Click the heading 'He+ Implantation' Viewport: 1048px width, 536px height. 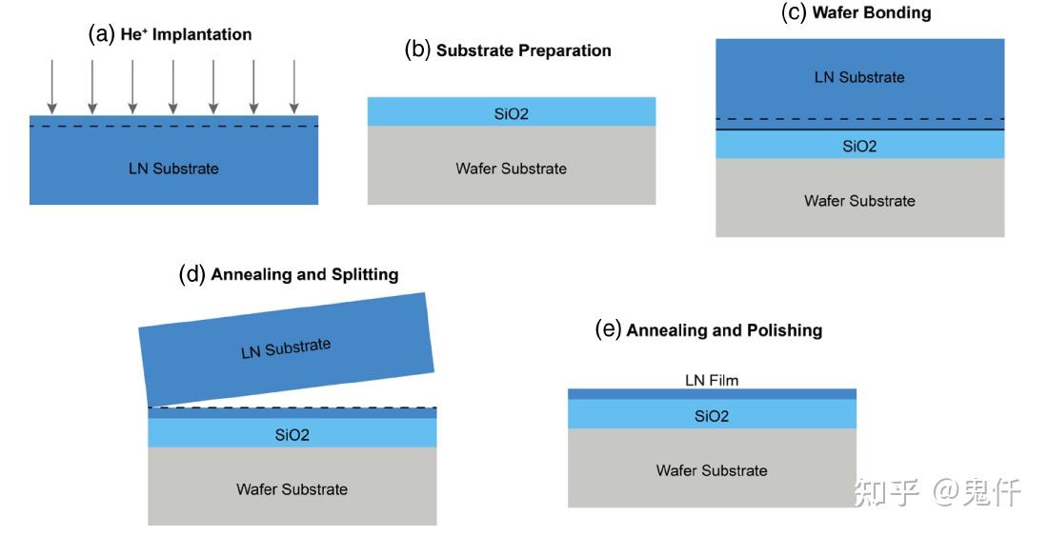point(186,34)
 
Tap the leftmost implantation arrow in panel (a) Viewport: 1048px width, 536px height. point(52,87)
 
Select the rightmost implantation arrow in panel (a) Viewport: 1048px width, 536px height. point(294,87)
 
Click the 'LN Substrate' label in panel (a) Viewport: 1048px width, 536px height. point(173,169)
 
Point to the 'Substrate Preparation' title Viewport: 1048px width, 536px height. point(523,50)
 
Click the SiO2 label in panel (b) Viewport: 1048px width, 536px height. point(512,114)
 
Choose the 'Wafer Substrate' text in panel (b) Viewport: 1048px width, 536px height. point(512,169)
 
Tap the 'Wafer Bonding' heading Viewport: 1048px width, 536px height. point(872,12)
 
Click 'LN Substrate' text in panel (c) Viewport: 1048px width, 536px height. point(859,77)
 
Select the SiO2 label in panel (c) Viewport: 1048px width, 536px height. point(859,147)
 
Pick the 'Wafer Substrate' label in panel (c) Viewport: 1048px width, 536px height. point(859,201)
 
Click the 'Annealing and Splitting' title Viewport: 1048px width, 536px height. point(305,274)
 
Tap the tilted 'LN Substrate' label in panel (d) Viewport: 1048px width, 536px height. point(286,348)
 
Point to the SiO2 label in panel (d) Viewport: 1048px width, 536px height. point(292,435)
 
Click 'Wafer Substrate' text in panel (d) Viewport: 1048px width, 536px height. point(292,489)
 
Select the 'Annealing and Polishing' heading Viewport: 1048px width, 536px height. point(724,330)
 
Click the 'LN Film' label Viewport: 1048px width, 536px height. point(712,381)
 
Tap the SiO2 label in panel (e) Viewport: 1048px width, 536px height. point(712,416)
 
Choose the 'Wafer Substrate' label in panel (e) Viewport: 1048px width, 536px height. point(712,470)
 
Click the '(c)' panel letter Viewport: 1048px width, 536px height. point(794,12)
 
